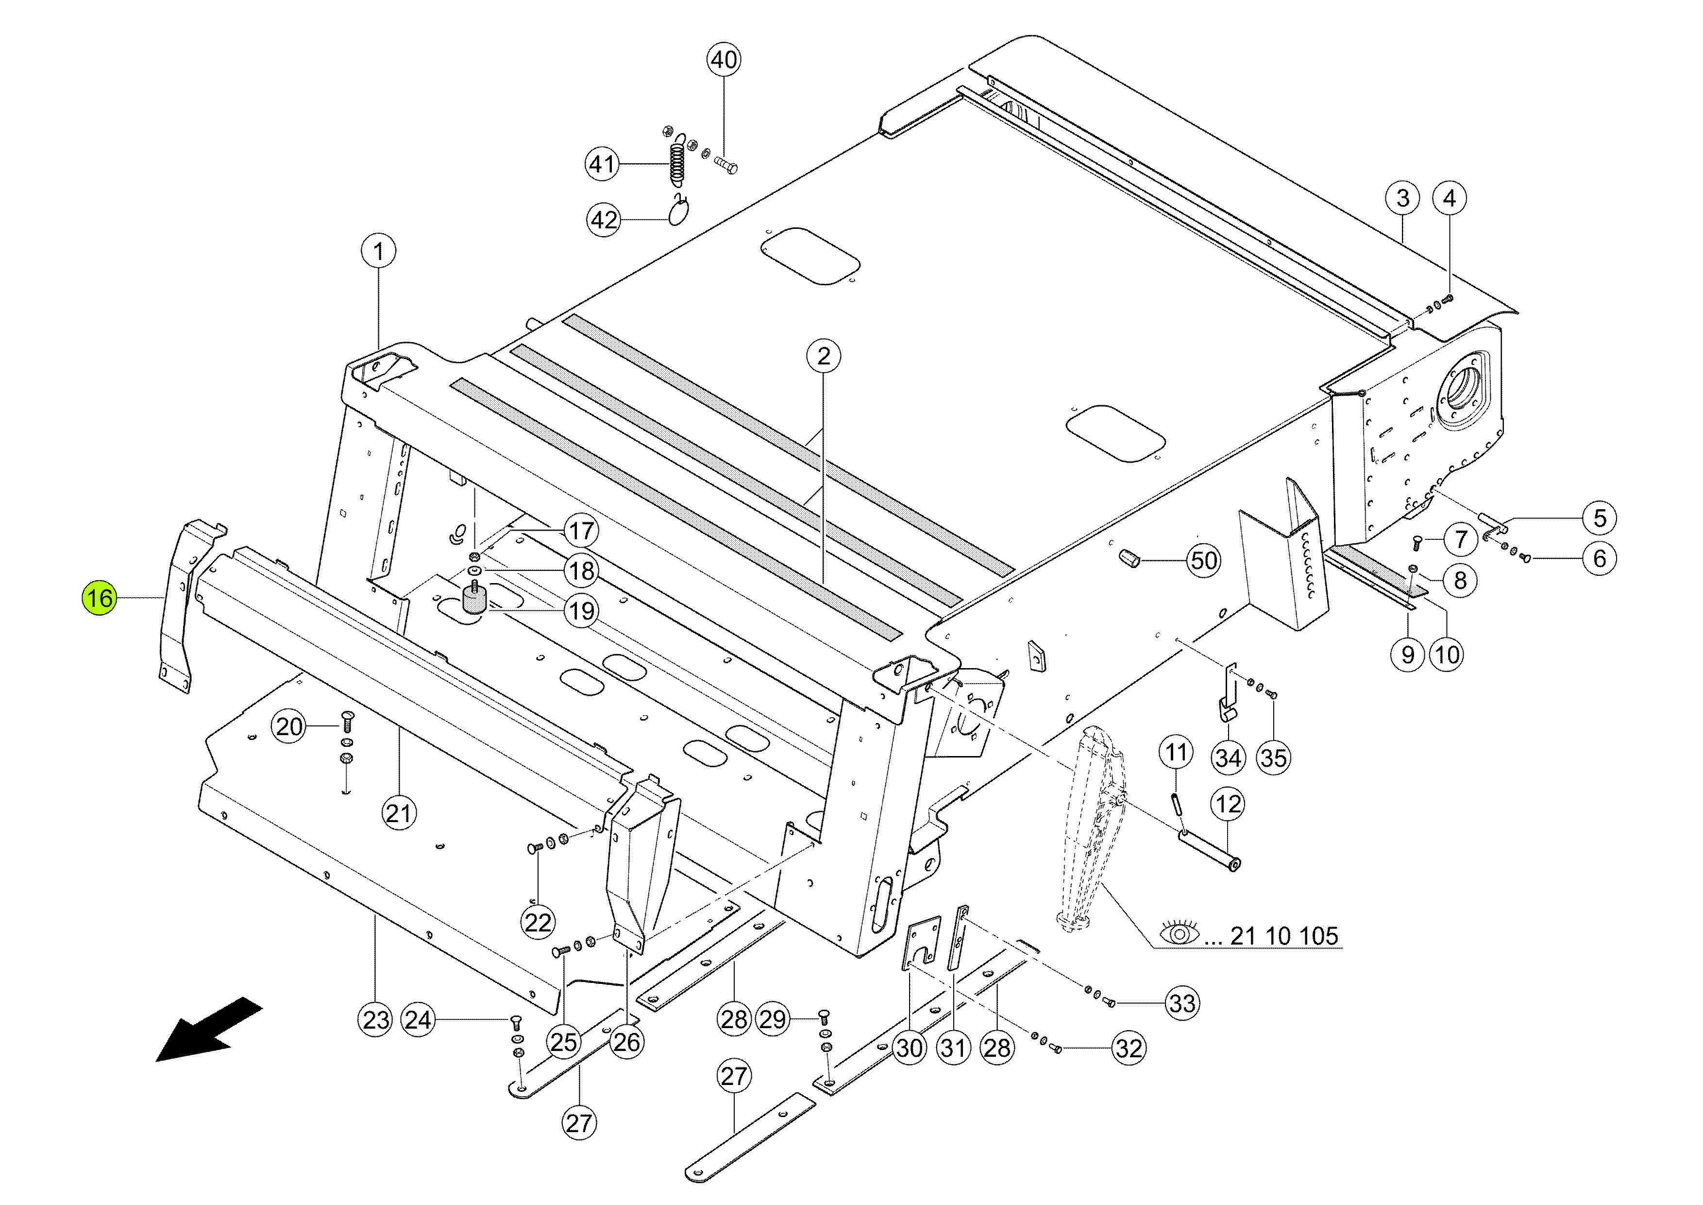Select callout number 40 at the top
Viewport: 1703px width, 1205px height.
pos(724,59)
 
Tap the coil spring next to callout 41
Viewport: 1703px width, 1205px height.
pos(676,163)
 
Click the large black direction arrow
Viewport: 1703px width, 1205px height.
pos(209,1030)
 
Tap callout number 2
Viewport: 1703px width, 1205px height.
pos(823,356)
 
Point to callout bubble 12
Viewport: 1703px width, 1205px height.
pos(1228,804)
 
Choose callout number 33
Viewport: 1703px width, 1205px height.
pos(1182,1003)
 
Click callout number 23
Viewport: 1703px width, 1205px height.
pos(376,1019)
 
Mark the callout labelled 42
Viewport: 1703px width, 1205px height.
pos(604,220)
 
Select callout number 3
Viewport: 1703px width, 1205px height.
pos(1402,198)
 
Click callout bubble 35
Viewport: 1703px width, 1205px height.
pos(1274,757)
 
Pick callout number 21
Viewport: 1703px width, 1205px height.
pos(399,813)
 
